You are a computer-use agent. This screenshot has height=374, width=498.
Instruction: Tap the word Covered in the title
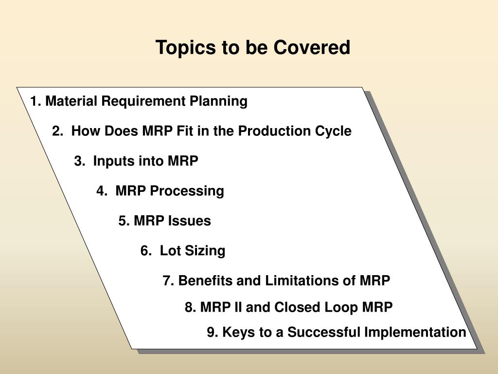pyautogui.click(x=312, y=47)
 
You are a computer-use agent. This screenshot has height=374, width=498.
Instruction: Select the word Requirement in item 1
pyautogui.click(x=143, y=102)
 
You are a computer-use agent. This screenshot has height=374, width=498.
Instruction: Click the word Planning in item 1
pyautogui.click(x=218, y=102)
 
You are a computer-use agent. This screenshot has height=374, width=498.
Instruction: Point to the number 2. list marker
pyautogui.click(x=57, y=131)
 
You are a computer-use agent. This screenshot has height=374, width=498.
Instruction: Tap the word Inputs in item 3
pyautogui.click(x=112, y=161)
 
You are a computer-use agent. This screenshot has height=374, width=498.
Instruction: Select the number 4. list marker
pyautogui.click(x=102, y=191)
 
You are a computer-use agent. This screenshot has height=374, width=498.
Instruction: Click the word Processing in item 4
pyautogui.click(x=187, y=191)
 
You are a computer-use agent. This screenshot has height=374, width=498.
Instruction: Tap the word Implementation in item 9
pyautogui.click(x=415, y=333)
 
